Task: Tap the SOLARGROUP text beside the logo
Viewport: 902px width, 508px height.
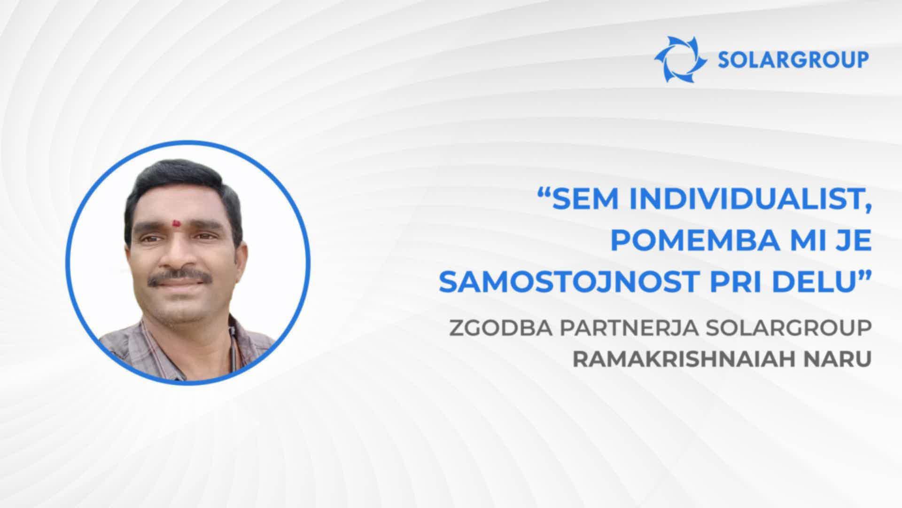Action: tap(793, 61)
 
